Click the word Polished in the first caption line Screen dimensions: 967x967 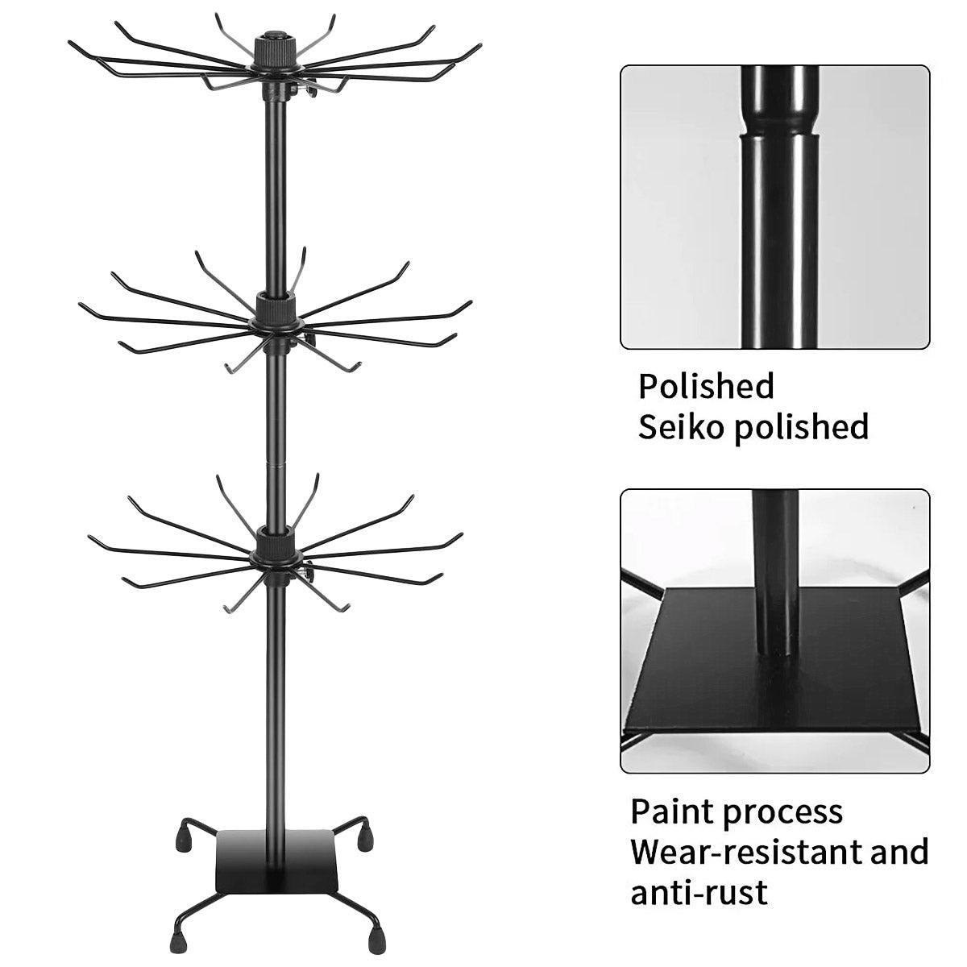click(706, 386)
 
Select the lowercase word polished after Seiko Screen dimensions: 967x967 click(800, 428)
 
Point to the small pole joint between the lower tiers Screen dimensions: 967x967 click(275, 465)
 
